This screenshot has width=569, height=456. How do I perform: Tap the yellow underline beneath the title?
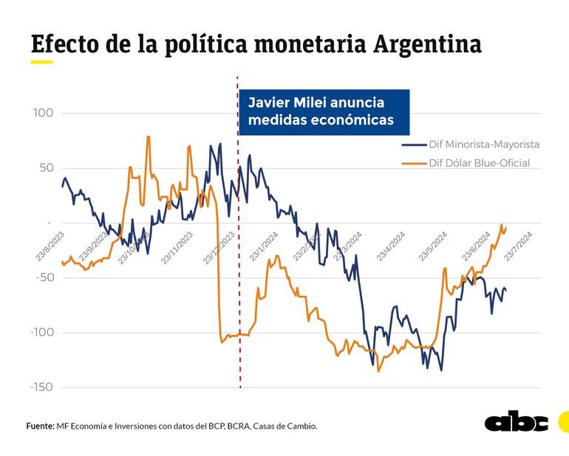[x=41, y=62]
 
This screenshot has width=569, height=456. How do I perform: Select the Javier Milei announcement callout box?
[x=324, y=112]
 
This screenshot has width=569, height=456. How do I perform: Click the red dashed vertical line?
[x=239, y=296]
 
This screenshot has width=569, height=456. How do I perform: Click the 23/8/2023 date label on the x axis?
[x=50, y=246]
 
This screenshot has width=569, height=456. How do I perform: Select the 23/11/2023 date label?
[x=177, y=247]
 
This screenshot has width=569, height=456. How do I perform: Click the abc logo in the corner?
[x=516, y=422]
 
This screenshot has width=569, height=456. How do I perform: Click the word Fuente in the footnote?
[x=40, y=426]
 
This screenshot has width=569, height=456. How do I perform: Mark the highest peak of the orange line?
[x=149, y=137]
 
